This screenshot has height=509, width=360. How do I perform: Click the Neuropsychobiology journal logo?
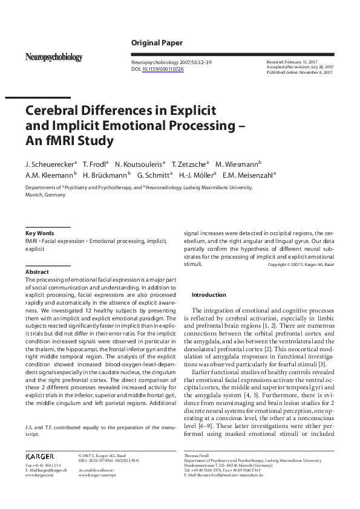[x=53, y=57]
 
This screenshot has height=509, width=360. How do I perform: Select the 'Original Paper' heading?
[x=157, y=43]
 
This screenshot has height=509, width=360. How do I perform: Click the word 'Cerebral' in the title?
[x=54, y=111]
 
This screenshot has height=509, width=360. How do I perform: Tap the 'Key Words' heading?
[x=39, y=233]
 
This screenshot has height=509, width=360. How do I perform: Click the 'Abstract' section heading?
[x=37, y=272]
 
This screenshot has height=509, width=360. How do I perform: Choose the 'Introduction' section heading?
[x=208, y=295]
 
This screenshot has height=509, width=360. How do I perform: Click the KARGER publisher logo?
[x=40, y=455]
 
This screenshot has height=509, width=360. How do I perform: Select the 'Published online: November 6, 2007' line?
[x=299, y=72]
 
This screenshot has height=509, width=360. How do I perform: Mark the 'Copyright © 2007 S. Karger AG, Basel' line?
[x=301, y=265]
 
